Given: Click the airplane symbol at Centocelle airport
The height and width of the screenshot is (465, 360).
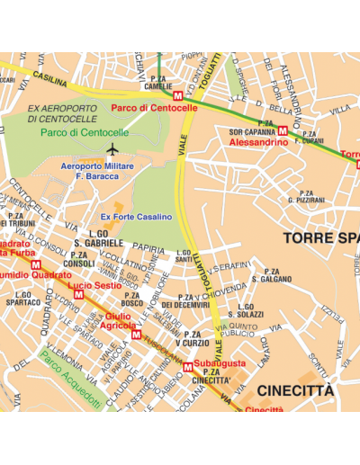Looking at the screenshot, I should (x=112, y=148).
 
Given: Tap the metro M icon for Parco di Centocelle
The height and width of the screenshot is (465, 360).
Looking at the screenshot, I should (x=178, y=95).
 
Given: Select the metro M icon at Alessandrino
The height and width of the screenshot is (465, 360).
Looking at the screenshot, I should (x=283, y=130).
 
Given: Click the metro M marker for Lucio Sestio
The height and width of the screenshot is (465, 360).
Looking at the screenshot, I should (x=78, y=294).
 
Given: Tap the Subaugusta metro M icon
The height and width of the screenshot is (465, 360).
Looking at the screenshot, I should (x=188, y=367).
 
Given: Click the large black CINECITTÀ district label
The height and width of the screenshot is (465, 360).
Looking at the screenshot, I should (x=294, y=391).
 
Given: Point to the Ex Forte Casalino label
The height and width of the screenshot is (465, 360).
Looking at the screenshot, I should (x=136, y=217).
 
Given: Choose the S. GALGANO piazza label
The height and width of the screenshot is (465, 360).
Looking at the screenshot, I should (x=270, y=275).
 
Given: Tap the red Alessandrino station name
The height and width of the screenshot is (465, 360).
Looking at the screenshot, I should (x=257, y=142).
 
